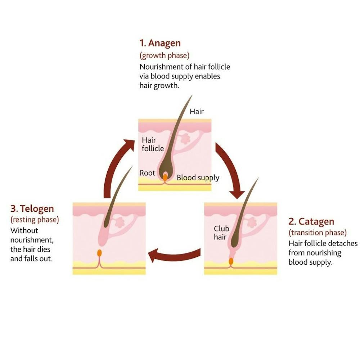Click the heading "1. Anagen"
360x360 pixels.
pyautogui.click(x=160, y=44)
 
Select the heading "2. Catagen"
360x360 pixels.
pyautogui.click(x=311, y=221)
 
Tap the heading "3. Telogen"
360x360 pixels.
pyautogui.click(x=32, y=209)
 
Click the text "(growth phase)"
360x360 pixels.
pyautogui.click(x=164, y=56)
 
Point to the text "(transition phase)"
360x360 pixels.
pyautogui.click(x=317, y=232)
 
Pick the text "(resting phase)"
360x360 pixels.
pyautogui.click(x=35, y=220)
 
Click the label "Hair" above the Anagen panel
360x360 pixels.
pyautogui.click(x=197, y=112)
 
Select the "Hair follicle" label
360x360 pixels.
pyautogui.click(x=152, y=144)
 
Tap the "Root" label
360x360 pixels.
pyautogui.click(x=147, y=173)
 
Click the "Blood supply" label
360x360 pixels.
pyautogui.click(x=198, y=178)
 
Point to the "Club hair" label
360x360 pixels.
pyautogui.click(x=221, y=233)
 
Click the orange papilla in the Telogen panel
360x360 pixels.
pyautogui.click(x=99, y=253)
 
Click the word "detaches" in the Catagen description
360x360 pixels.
pyautogui.click(x=343, y=244)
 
